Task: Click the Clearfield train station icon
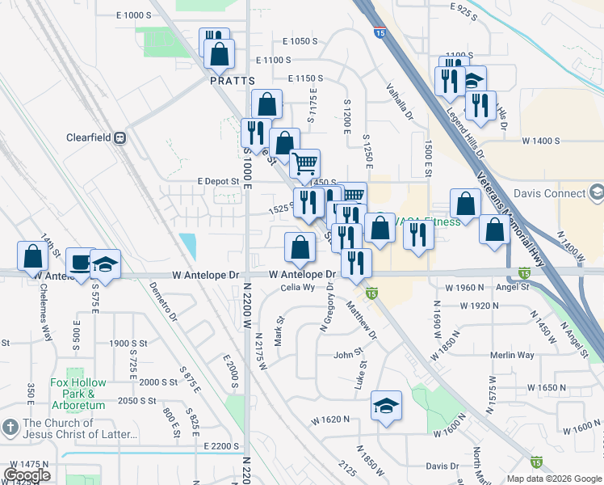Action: (x=120, y=137)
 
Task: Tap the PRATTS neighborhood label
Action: (x=232, y=81)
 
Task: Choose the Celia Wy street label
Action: (x=297, y=288)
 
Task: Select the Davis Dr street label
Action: (x=442, y=466)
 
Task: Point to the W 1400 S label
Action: (x=540, y=141)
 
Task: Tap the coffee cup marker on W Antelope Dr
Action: (x=81, y=260)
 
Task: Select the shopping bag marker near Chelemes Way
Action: (x=31, y=256)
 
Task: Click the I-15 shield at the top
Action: (x=379, y=32)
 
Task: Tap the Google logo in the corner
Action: (x=27, y=474)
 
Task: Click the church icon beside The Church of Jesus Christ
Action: (x=10, y=425)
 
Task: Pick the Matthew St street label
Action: (x=362, y=320)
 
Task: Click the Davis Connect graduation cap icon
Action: (x=596, y=193)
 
